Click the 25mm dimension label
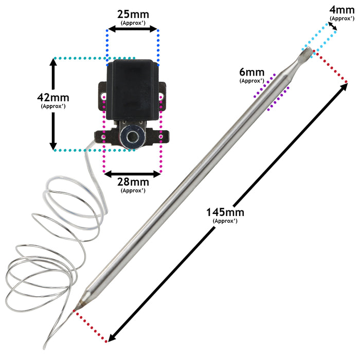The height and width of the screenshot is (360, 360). (x=133, y=14)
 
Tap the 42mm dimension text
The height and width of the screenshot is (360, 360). (x=53, y=97)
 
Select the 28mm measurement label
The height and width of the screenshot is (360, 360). (x=133, y=182)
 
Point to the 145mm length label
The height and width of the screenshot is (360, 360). (x=225, y=212)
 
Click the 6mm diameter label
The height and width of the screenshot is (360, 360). (x=252, y=72)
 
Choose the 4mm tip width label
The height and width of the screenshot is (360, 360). (x=342, y=10)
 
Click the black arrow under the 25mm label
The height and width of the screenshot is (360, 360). (x=133, y=29)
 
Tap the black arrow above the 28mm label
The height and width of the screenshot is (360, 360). (x=133, y=174)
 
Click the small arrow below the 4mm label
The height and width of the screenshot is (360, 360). (x=332, y=26)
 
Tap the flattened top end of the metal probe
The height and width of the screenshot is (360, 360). (x=307, y=53)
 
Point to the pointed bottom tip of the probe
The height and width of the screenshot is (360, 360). (x=74, y=311)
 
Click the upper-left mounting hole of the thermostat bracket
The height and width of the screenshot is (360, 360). (x=103, y=96)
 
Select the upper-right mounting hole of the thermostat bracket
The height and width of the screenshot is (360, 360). (x=161, y=96)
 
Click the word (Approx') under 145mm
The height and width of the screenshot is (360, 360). (x=225, y=221)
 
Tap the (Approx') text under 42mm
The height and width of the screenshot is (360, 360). (x=53, y=106)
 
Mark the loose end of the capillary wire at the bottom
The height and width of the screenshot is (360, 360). (x=44, y=348)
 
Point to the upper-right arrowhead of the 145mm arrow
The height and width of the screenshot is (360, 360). (x=345, y=86)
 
